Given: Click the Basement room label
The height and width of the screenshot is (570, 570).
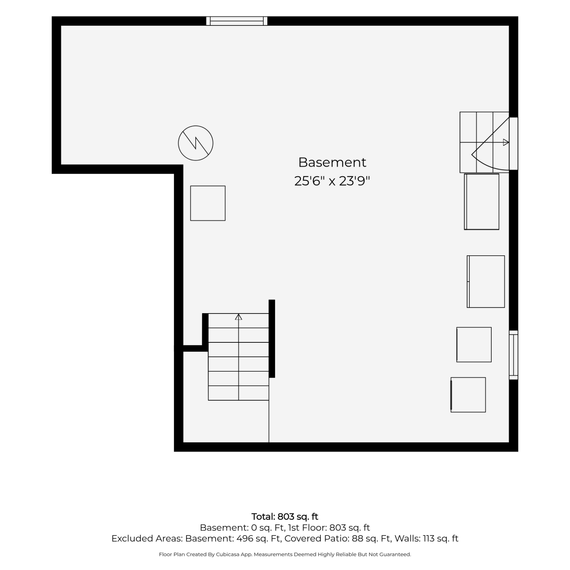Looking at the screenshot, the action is pos(332,162).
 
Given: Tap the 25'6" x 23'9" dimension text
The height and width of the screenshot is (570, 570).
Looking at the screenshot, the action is pos(332,181).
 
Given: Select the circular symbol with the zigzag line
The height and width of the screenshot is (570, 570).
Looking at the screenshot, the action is pos(196,143).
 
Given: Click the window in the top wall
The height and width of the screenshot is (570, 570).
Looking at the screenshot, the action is pos(237,21).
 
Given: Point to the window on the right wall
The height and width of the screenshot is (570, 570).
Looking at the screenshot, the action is pos(513,355).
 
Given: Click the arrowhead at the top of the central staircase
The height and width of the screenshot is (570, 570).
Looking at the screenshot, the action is pos(239,317).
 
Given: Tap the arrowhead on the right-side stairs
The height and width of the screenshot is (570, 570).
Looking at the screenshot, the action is pos(506,142).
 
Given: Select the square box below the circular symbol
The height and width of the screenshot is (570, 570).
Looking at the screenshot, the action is pos(208,203).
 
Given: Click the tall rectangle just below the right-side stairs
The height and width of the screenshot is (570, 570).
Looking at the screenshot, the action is pos(481,202).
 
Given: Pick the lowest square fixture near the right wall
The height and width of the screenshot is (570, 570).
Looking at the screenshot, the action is pos(468,395).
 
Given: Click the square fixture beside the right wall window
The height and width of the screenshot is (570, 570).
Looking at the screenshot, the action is pos(474,345).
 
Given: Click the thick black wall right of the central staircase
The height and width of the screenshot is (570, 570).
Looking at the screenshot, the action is pos(272,339).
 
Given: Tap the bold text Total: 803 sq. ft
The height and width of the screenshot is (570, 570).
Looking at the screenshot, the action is pos(285,517).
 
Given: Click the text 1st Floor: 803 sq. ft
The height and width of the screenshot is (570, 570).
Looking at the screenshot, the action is pos(329,528).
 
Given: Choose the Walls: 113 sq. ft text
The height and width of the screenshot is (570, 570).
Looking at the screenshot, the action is pos(426,539).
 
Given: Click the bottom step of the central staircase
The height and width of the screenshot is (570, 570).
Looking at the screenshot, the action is pos(239,393).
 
